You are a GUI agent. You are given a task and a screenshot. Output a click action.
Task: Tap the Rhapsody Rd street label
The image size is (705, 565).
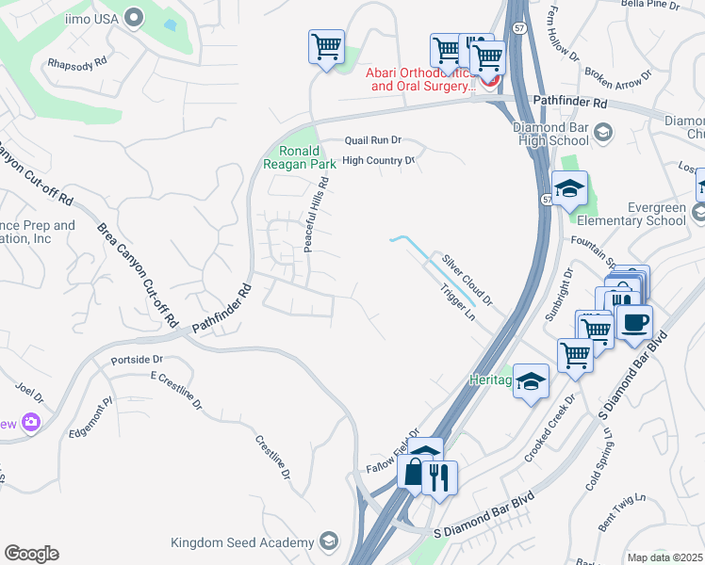(76, 64)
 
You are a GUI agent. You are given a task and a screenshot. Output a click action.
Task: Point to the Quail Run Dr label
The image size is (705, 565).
(372, 139)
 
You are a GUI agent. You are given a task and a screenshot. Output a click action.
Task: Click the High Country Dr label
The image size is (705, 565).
(378, 161)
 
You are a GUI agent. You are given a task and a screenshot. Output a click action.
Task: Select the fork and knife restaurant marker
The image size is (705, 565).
(438, 477)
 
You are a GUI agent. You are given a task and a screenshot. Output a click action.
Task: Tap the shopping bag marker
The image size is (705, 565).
(414, 474)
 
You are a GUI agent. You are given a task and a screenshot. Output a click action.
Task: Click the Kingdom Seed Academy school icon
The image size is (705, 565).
(327, 541)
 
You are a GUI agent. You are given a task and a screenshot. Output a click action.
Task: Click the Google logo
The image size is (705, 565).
(31, 554)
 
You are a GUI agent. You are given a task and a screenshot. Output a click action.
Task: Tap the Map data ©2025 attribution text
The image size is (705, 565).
(664, 557)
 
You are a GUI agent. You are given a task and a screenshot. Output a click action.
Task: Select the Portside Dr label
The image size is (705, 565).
(137, 360)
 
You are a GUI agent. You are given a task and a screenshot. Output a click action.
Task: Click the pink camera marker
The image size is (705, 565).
(31, 423)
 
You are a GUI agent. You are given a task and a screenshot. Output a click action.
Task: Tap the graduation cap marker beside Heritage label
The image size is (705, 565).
(532, 381)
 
